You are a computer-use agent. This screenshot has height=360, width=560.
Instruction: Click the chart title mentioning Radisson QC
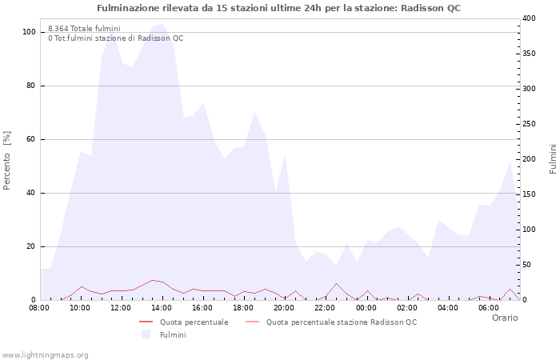click(278, 8)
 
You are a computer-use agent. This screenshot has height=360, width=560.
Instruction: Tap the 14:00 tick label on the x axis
click(162, 307)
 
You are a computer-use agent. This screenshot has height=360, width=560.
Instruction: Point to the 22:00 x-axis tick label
click(325, 307)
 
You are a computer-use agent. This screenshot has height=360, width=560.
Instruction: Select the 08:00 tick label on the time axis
click(39, 307)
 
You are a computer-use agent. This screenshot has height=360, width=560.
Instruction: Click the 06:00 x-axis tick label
click(488, 307)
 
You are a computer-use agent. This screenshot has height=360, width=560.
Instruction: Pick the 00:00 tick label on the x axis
click(366, 307)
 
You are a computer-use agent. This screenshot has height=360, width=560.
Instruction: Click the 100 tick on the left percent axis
click(29, 32)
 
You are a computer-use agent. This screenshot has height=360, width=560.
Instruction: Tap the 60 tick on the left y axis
click(31, 139)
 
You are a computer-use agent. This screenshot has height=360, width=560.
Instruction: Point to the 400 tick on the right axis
click(530, 18)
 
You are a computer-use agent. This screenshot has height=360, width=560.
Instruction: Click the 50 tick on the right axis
click(527, 265)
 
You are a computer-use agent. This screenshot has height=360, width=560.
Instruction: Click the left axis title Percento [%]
click(7, 161)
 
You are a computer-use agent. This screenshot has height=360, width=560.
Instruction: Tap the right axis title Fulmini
click(553, 159)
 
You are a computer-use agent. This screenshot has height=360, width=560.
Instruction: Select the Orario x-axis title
click(504, 318)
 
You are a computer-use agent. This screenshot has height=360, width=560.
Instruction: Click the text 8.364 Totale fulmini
click(84, 28)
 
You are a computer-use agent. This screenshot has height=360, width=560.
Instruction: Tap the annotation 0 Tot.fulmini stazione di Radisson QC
click(115, 38)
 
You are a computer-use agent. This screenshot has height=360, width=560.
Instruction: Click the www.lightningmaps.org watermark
click(45, 354)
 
